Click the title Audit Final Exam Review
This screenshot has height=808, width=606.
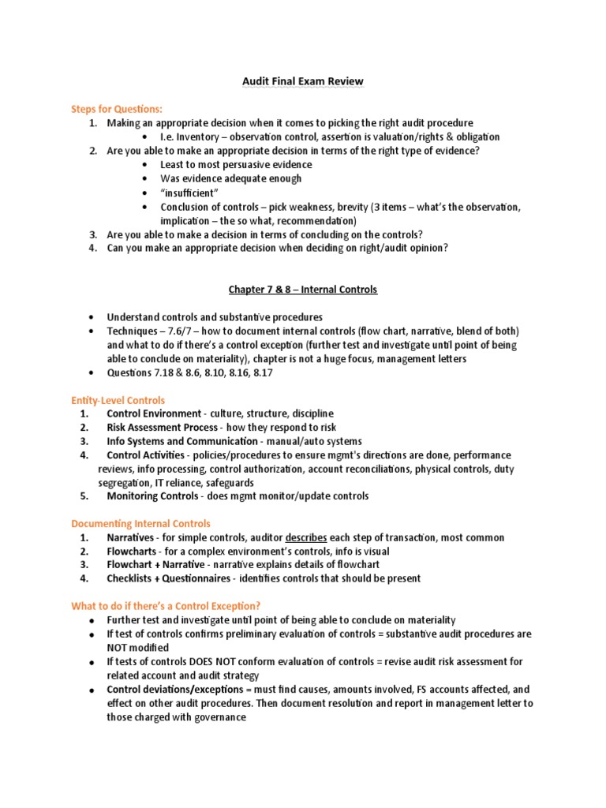pos(302,81)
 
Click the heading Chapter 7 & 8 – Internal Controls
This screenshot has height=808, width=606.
pos(302,290)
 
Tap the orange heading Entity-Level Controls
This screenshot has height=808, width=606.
pos(118,401)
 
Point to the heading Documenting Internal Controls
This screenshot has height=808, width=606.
pos(141,523)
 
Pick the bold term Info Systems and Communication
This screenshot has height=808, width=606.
pos(182,441)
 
